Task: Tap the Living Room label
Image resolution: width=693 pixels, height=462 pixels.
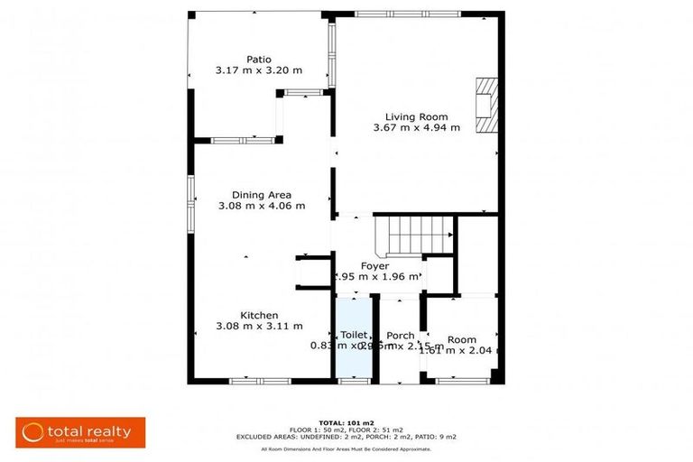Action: point(416,116)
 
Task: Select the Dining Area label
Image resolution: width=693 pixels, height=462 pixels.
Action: point(261,194)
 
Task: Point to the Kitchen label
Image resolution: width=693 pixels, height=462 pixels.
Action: point(258,315)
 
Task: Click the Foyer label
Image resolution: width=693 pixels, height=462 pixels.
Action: point(374,266)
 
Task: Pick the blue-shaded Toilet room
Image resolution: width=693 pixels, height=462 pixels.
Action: point(354,352)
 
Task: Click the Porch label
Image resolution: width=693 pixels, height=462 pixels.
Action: point(400,336)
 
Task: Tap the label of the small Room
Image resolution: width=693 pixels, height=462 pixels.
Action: point(461,339)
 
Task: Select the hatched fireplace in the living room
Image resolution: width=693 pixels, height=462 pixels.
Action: point(486,105)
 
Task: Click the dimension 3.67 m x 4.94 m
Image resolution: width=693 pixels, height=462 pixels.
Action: point(416,128)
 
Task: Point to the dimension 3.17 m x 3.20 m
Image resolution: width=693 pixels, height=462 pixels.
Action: point(259,69)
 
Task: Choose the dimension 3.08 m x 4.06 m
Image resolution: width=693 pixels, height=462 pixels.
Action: point(261,206)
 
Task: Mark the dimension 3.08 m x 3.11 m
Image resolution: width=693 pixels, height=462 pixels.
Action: point(258,327)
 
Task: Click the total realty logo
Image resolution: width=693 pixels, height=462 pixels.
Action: point(74,431)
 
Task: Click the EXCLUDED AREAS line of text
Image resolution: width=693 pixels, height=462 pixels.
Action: point(346,437)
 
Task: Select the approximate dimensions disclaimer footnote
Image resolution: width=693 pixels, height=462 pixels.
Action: point(346,448)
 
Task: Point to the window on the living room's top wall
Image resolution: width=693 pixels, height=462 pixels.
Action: point(406,14)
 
